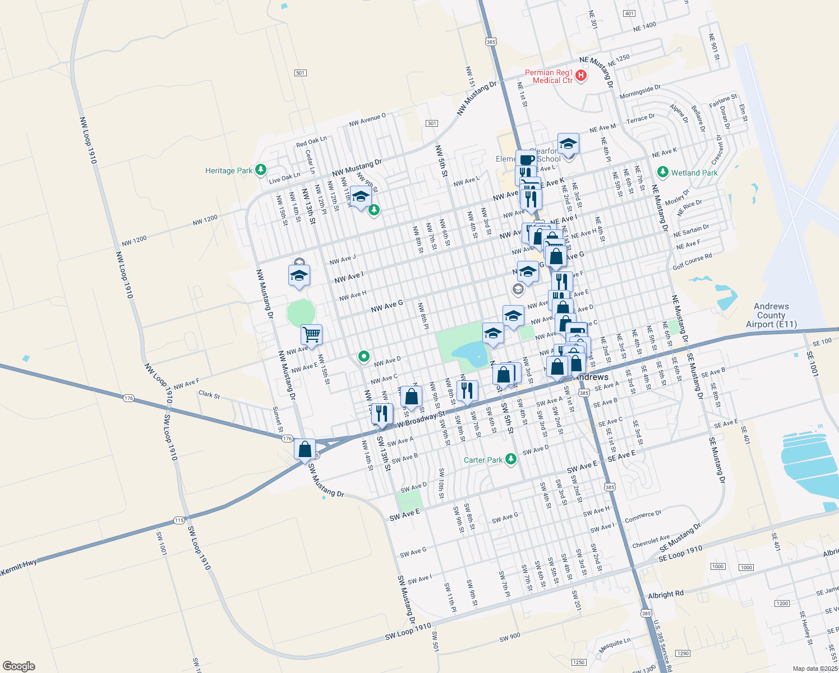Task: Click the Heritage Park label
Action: click(229, 170)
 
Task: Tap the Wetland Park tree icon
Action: click(663, 172)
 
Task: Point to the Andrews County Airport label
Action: click(771, 315)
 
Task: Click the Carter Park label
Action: click(483, 460)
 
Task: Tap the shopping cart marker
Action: click(311, 335)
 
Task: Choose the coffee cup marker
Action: click(526, 159)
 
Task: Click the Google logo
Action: click(19, 666)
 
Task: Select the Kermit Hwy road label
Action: click(19, 568)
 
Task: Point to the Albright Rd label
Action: click(666, 594)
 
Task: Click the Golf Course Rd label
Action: click(692, 261)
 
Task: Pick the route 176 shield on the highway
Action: click(129, 398)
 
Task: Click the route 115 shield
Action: click(179, 520)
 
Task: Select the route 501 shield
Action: click(300, 73)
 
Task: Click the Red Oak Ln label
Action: click(311, 141)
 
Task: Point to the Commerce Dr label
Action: click(643, 517)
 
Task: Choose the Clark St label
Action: click(209, 394)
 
